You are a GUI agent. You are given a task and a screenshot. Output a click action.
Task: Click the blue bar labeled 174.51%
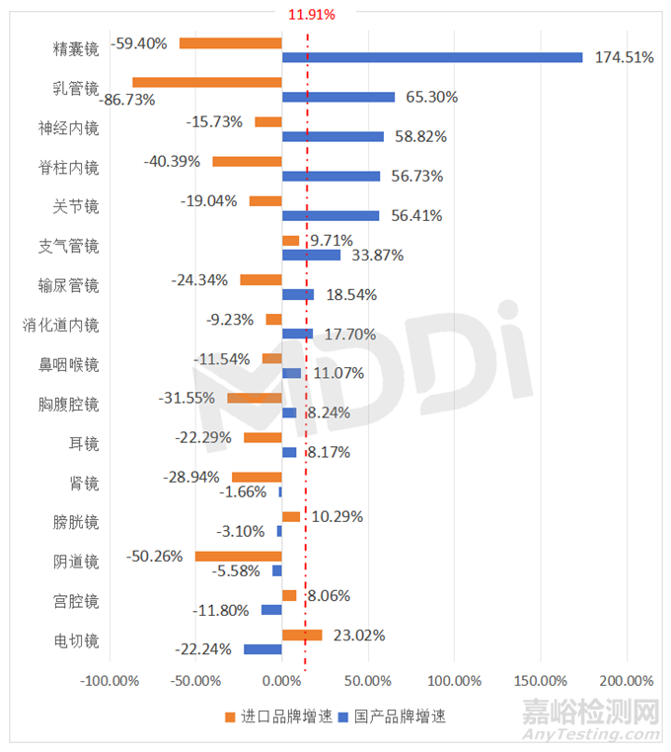coord(432,57)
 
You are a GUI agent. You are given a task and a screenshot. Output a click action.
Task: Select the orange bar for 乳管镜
coord(207,82)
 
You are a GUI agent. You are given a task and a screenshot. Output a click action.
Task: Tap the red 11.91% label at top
coord(311,15)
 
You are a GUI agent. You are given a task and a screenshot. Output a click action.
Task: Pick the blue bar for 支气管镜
coord(311,255)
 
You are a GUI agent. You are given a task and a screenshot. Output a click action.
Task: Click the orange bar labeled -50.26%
coord(239,556)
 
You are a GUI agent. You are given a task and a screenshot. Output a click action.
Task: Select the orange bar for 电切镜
coord(302,635)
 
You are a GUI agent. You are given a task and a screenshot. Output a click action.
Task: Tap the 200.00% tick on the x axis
coord(627,681)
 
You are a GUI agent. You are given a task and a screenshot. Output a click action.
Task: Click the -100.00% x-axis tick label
coord(110,681)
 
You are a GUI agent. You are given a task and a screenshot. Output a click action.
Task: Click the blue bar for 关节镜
coord(331,215)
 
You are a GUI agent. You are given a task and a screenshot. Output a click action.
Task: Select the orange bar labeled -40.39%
coord(247,161)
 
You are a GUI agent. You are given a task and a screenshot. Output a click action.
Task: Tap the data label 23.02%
coord(359,635)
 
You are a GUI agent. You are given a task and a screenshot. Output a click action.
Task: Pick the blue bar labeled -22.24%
coord(262,648)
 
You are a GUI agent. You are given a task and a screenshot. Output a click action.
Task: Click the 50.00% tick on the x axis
coord(368,681)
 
